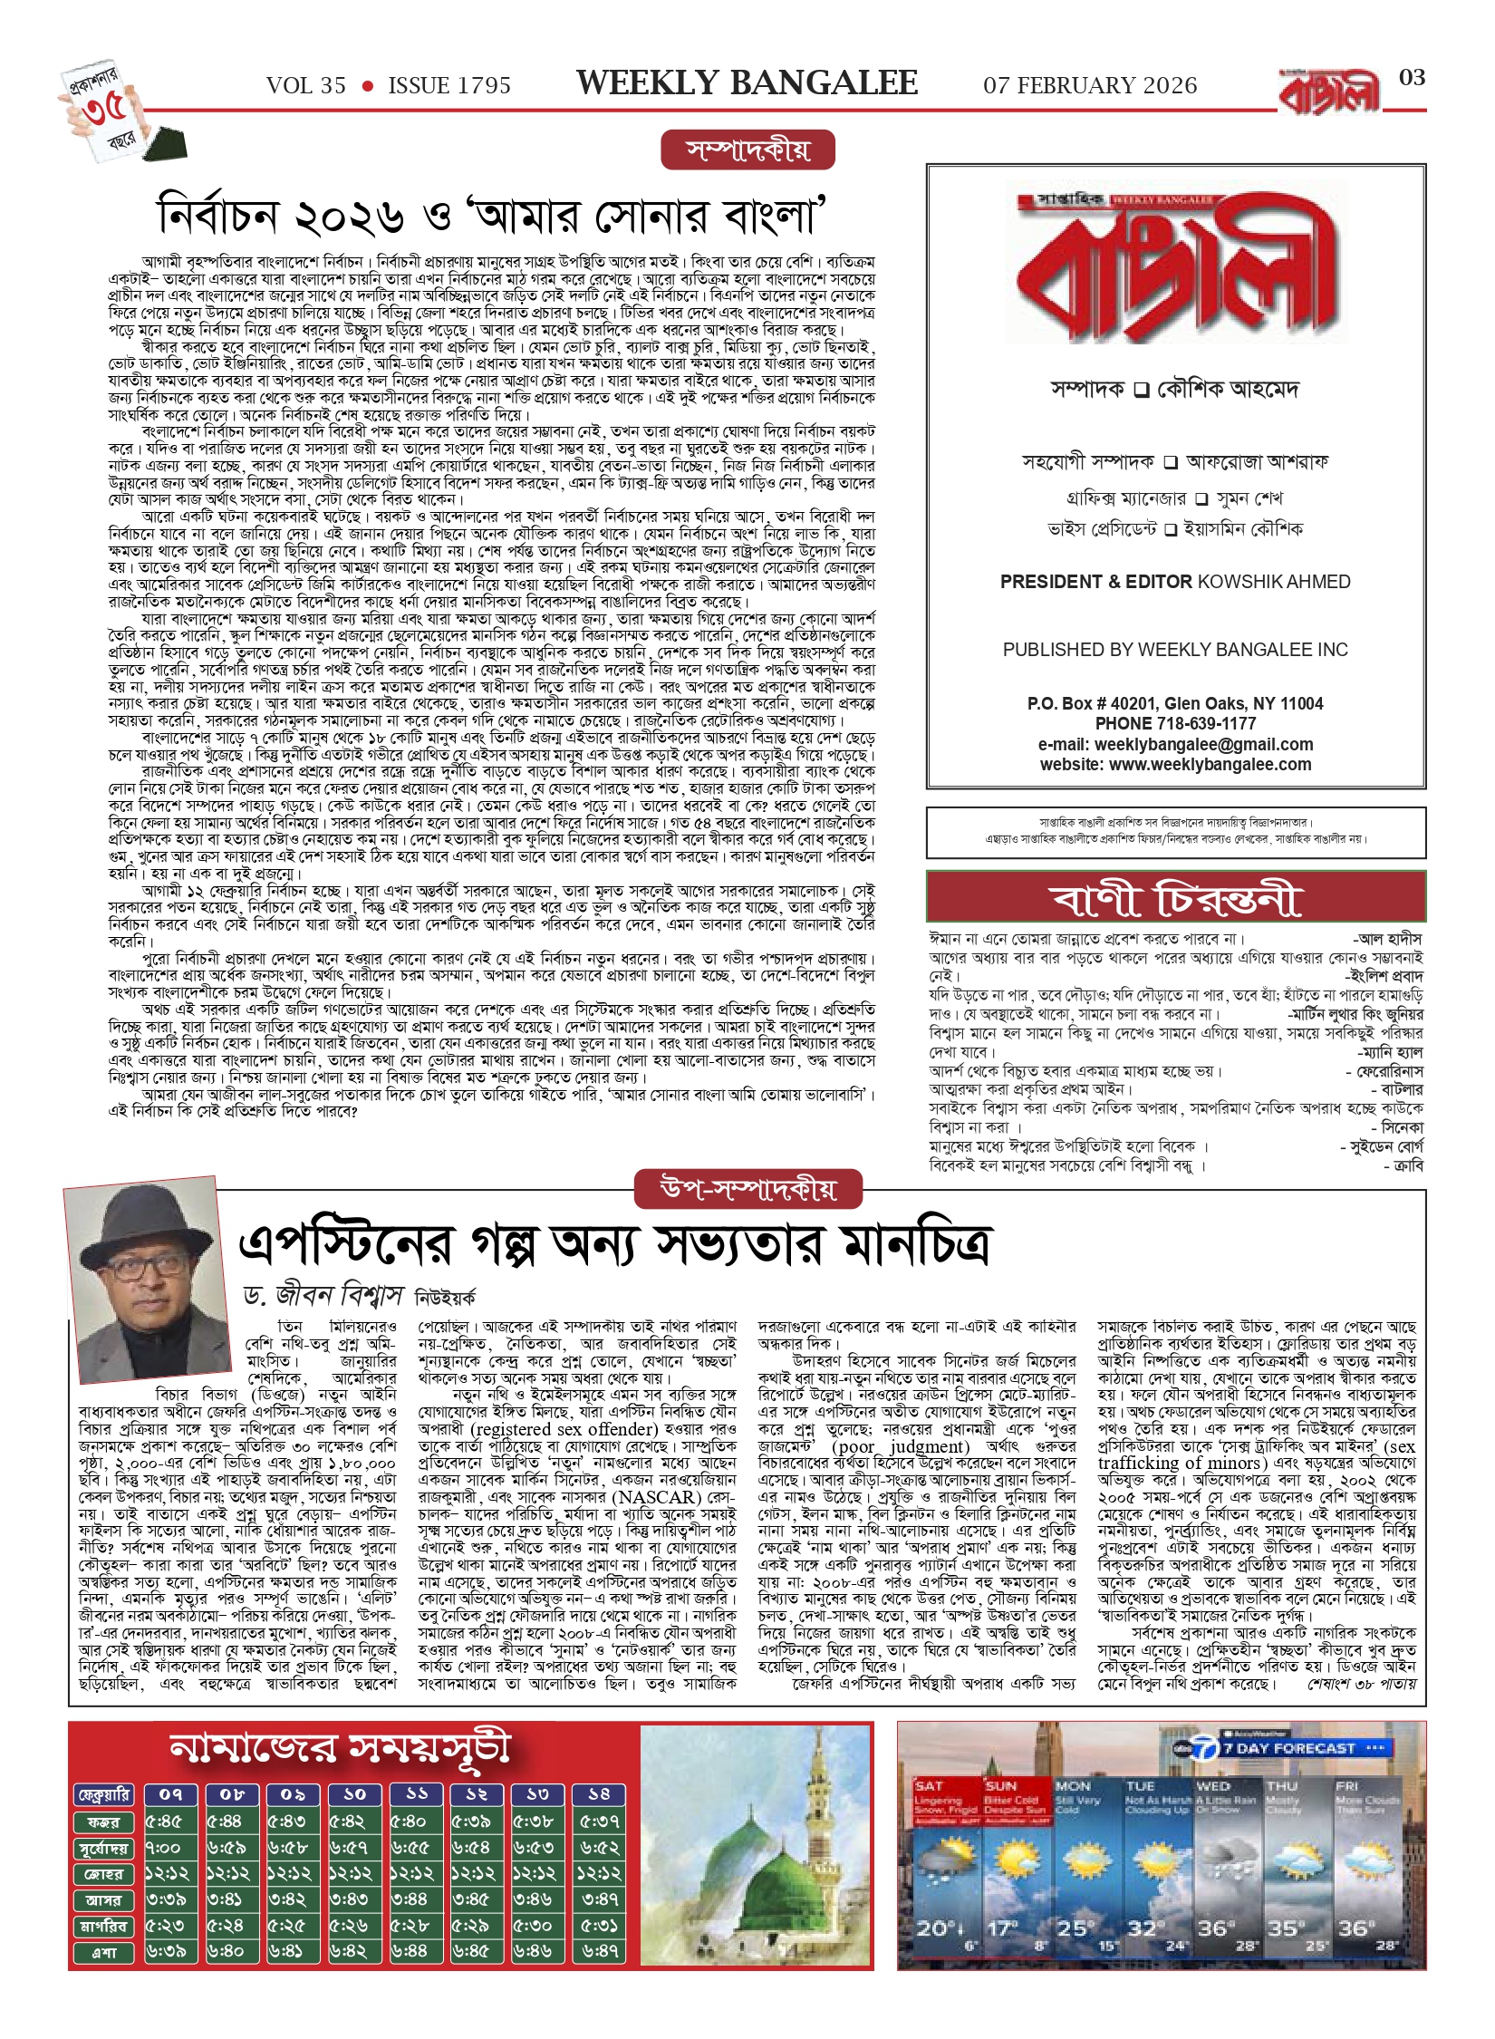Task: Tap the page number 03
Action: pyautogui.click(x=1412, y=78)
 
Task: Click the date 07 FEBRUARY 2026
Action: pyautogui.click(x=1090, y=86)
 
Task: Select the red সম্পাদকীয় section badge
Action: pyautogui.click(x=747, y=150)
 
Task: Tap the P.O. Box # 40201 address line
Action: pyautogui.click(x=1175, y=704)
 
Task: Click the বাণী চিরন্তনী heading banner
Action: pyautogui.click(x=1175, y=898)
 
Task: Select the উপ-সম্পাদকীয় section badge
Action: pyautogui.click(x=748, y=1190)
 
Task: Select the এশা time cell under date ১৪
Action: pyautogui.click(x=600, y=1952)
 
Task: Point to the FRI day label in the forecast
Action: pyautogui.click(x=1347, y=1785)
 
